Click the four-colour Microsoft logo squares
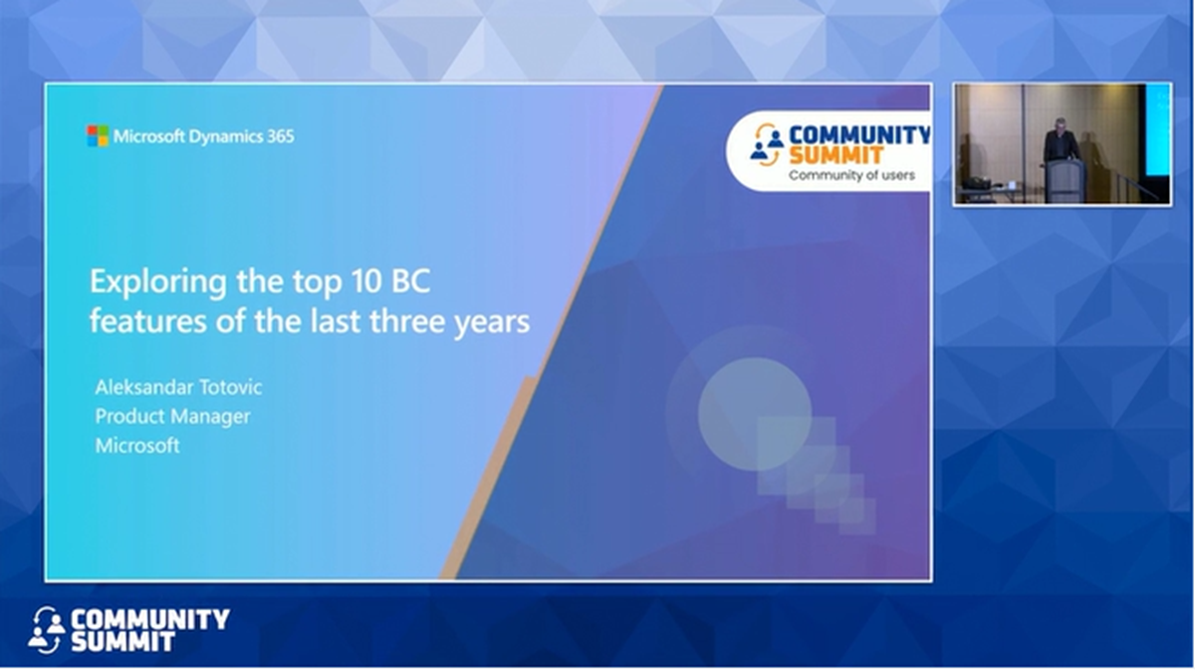98,135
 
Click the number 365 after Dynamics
280,136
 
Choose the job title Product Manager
172,416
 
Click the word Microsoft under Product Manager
137,446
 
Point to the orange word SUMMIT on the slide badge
836,155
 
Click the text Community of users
851,176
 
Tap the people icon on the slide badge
766,144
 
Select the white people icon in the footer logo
46,629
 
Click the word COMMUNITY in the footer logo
149,619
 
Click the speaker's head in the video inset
1060,126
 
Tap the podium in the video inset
1064,179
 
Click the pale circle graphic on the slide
754,413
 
